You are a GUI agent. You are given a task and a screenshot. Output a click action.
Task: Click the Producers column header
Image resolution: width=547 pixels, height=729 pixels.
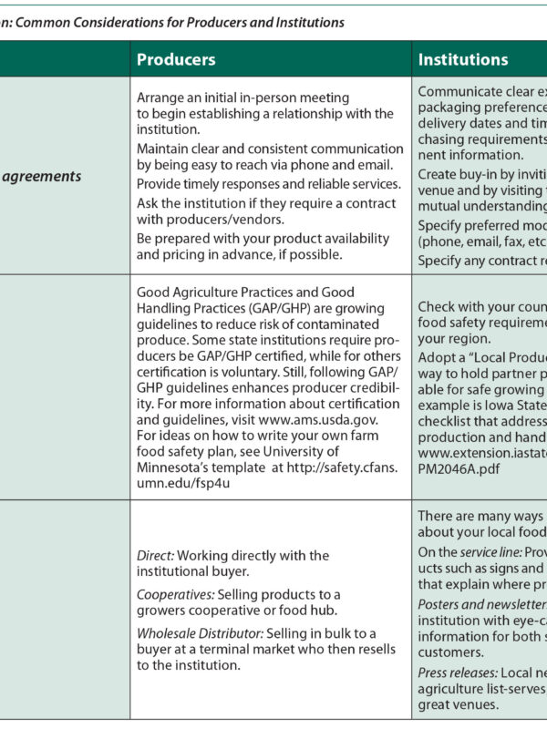(176, 59)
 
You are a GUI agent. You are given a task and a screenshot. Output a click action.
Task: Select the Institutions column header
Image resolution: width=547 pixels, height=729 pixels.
(463, 59)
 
